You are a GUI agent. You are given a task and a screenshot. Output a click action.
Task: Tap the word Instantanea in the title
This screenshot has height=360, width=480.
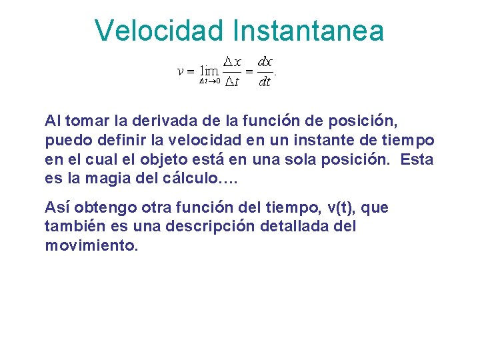pos(309,31)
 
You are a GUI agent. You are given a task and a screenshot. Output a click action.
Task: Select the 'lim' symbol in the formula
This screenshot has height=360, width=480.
pos(211,71)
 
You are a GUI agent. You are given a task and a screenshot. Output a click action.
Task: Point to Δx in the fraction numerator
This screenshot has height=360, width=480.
pos(232,61)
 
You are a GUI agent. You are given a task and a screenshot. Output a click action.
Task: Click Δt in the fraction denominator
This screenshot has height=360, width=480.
pos(231,83)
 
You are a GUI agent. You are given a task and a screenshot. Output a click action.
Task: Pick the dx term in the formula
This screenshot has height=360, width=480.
pos(265,61)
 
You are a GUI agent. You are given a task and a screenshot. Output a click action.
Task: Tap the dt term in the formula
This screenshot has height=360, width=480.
pos(265,83)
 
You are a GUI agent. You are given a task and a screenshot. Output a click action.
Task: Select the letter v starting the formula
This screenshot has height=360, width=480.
pos(180,71)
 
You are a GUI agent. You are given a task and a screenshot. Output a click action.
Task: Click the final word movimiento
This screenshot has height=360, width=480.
pos(91,245)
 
